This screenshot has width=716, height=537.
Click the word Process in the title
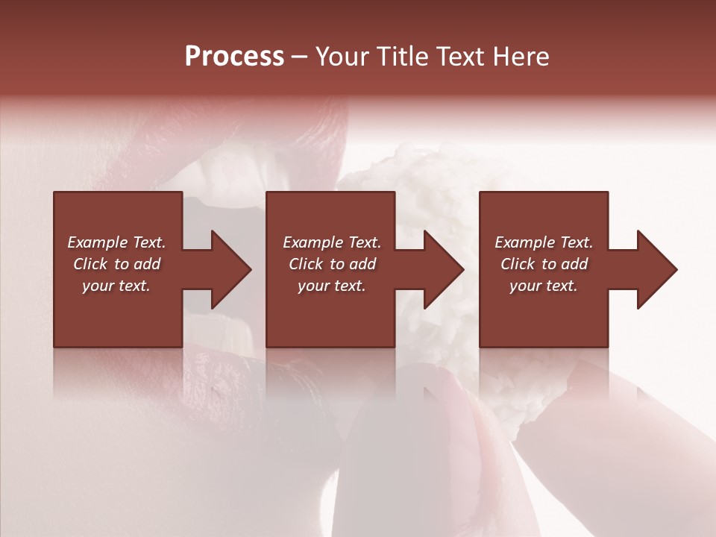pos(234,57)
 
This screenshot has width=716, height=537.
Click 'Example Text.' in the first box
pos(116,242)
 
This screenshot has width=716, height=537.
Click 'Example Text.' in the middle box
pos(332,242)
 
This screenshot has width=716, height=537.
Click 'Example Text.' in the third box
pos(544,242)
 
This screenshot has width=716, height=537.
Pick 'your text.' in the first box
pos(116,286)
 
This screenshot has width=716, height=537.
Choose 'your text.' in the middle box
pos(332,286)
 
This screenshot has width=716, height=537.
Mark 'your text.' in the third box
pos(544,286)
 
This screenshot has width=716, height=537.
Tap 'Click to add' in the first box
pos(116,264)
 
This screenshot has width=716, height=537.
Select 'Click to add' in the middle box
pos(332,264)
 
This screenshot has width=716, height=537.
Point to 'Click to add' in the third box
pos(544,264)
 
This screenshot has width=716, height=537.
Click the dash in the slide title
pos(300,57)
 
